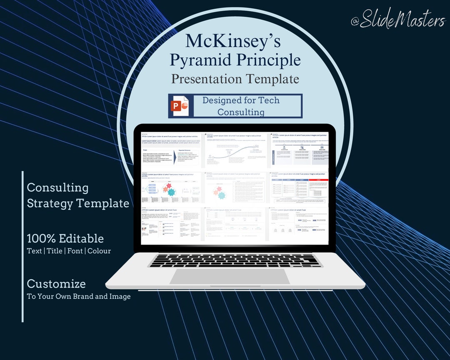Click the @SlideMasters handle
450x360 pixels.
[397, 19]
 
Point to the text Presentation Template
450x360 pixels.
[235, 79]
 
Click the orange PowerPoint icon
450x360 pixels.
[180, 106]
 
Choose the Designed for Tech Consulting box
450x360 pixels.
[247, 106]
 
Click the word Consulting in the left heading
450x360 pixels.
[57, 187]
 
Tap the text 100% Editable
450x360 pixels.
[65, 238]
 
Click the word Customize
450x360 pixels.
[56, 284]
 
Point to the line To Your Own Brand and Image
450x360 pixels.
[79, 297]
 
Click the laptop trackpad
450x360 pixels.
[229, 276]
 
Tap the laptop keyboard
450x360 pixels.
[235, 260]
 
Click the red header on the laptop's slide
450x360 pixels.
[318, 180]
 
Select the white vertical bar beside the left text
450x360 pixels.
[22, 246]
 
